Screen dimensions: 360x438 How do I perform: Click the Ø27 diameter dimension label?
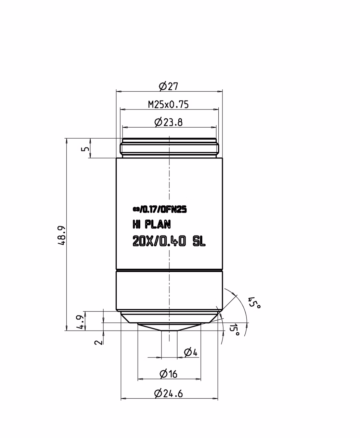pyautogui.click(x=168, y=86)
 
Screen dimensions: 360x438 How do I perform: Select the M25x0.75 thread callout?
pyautogui.click(x=168, y=104)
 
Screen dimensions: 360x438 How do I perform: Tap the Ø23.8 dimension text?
pyautogui.click(x=168, y=122)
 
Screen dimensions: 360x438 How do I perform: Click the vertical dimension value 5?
pyautogui.click(x=85, y=149)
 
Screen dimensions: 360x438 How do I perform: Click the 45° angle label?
pyautogui.click(x=254, y=303)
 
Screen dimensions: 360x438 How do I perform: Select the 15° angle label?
pyautogui.click(x=234, y=329)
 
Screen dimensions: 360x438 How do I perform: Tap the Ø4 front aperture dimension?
pyautogui.click(x=191, y=352)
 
